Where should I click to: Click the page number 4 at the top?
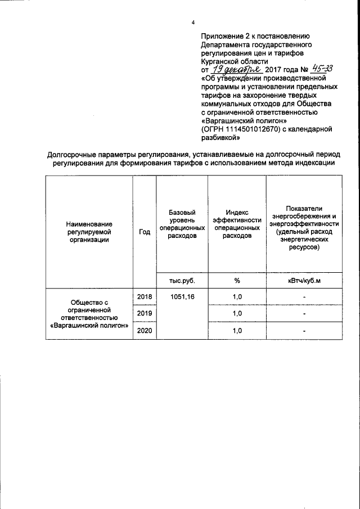[x=192, y=22]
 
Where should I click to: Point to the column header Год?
[x=145, y=232]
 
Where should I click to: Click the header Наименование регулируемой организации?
[x=88, y=232]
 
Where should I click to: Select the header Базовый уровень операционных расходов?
[x=182, y=224]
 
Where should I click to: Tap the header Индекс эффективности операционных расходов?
[x=237, y=224]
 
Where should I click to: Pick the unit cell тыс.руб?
[x=182, y=280]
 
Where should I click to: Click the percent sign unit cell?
[x=237, y=280]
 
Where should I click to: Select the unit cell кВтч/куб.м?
[x=304, y=280]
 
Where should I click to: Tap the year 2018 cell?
[x=145, y=296]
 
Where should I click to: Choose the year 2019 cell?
[x=145, y=313]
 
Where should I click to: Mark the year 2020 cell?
[x=145, y=331]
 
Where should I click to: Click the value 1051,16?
[x=182, y=296]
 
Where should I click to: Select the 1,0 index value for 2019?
[x=237, y=313]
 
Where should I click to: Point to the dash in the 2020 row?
[x=304, y=331]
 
